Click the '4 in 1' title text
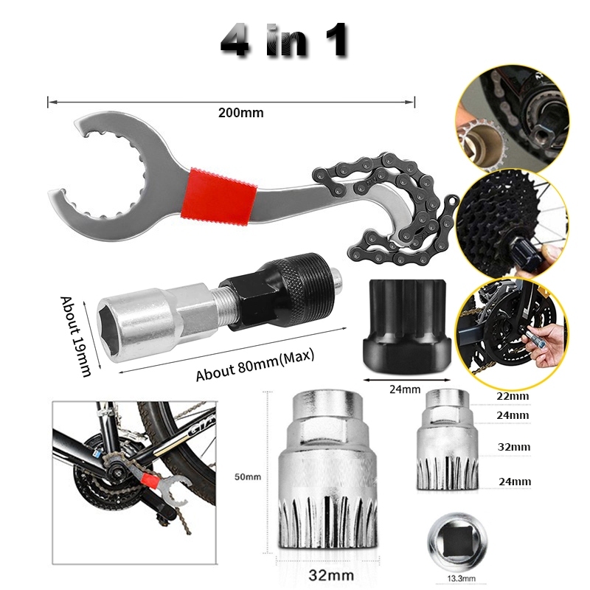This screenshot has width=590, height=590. point(284,41)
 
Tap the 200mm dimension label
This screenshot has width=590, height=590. point(241,113)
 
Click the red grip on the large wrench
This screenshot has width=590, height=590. point(219,198)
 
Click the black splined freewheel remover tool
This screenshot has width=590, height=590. point(406,325)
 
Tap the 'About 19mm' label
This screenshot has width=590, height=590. point(76,336)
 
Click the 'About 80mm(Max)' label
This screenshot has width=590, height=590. point(254,365)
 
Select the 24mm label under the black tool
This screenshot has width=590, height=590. point(405,389)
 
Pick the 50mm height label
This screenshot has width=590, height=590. point(248,476)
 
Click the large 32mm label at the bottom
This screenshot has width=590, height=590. point(331,575)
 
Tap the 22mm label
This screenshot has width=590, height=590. point(513,396)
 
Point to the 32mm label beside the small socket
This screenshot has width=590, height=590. point(514,447)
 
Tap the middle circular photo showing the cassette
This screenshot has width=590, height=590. point(512,225)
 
